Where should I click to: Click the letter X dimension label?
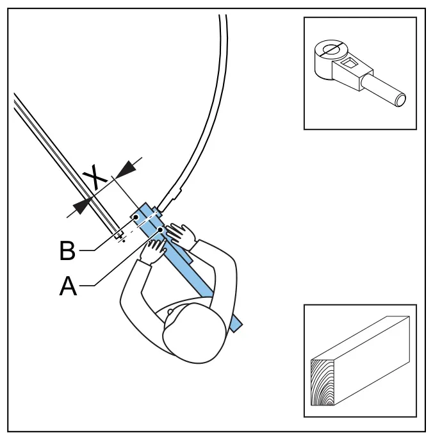[95, 177]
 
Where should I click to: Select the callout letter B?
[67, 250]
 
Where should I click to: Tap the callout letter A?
[68, 286]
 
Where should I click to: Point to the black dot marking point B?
[136, 217]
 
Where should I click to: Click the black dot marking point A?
[160, 229]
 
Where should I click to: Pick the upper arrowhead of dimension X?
[126, 169]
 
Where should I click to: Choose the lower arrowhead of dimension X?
[82, 206]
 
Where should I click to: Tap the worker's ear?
[170, 312]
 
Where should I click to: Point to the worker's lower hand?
[154, 250]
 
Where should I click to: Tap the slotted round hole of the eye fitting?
[332, 50]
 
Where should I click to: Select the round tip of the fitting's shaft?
[400, 100]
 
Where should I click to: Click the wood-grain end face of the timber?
[323, 383]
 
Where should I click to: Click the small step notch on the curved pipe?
[177, 194]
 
